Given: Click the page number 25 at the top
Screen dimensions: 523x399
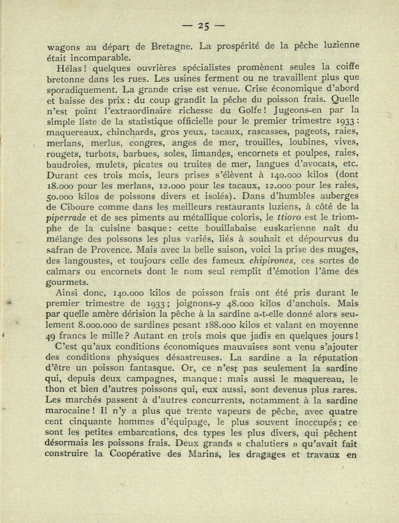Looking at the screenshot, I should [x=203, y=27].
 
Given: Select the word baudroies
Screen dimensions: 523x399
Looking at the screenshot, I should [x=67, y=164].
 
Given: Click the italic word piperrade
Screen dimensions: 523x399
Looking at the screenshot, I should [x=66, y=218].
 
